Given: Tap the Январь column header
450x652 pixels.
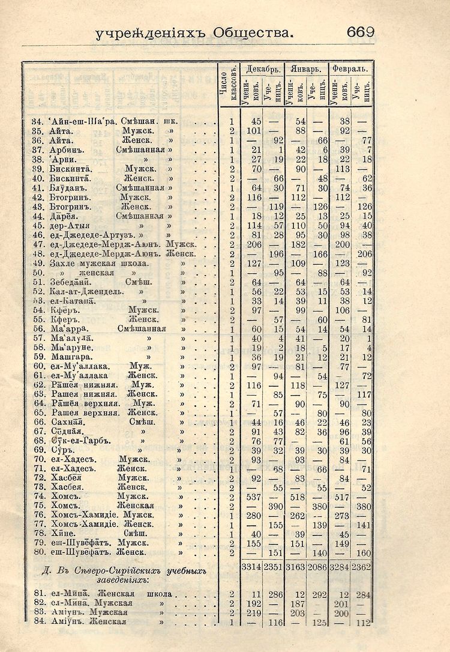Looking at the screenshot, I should (x=306, y=69).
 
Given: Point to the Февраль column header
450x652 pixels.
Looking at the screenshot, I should (x=350, y=69).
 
